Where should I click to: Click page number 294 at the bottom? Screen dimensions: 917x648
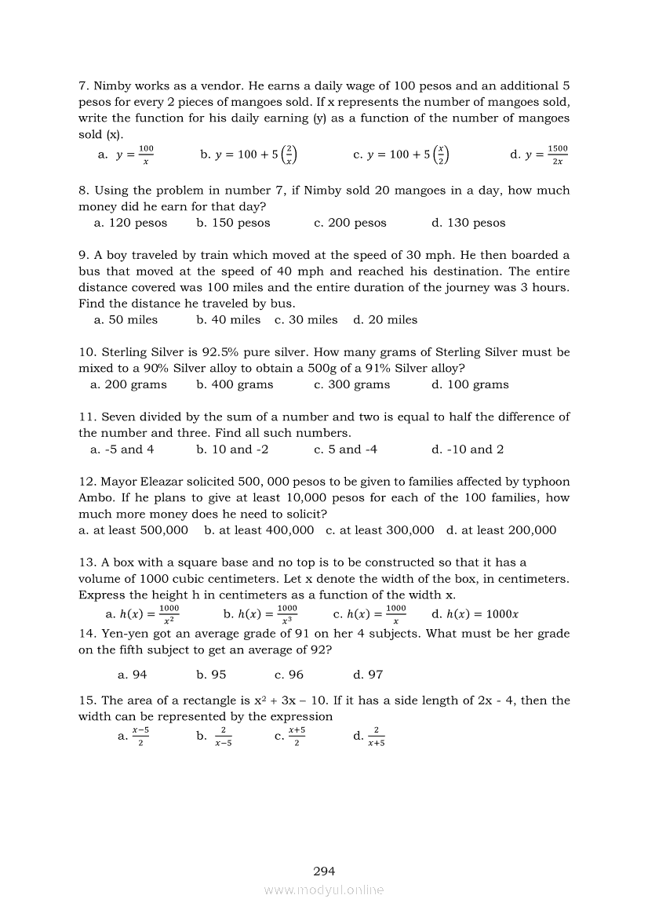pyautogui.click(x=324, y=871)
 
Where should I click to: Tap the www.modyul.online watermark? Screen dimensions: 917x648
pyautogui.click(x=324, y=890)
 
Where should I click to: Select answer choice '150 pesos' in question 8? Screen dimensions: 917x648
pyautogui.click(x=233, y=223)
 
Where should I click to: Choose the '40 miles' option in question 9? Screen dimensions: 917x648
pyautogui.click(x=228, y=320)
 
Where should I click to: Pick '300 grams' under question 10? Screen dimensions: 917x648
pyautogui.click(x=351, y=384)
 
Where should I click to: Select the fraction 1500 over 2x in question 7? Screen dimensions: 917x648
pyautogui.click(x=557, y=155)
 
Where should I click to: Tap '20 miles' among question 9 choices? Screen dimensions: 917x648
pyautogui.click(x=385, y=320)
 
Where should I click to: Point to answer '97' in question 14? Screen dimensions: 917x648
pyautogui.click(x=369, y=675)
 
